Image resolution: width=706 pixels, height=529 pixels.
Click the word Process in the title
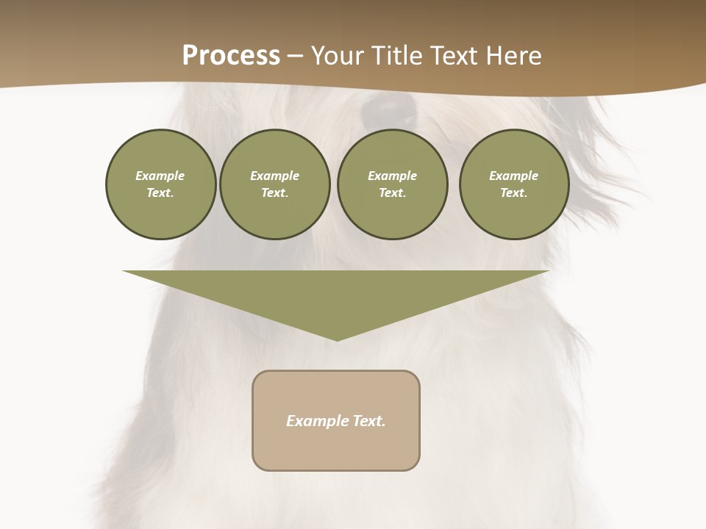(x=231, y=56)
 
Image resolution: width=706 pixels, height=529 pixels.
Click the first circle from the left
(x=160, y=184)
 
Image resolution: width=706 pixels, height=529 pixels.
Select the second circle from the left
(x=274, y=184)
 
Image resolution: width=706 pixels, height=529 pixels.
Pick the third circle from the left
(x=392, y=184)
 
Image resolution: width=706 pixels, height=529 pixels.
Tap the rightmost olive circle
(x=513, y=184)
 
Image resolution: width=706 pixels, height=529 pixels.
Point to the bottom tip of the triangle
(x=337, y=339)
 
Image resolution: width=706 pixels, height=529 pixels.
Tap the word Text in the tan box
(x=368, y=421)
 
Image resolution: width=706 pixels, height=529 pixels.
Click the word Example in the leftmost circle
(x=160, y=176)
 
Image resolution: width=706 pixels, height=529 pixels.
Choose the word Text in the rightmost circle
(x=513, y=192)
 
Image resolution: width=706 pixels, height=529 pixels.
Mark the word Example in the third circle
(x=392, y=176)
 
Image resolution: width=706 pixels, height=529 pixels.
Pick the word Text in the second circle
(x=274, y=192)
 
